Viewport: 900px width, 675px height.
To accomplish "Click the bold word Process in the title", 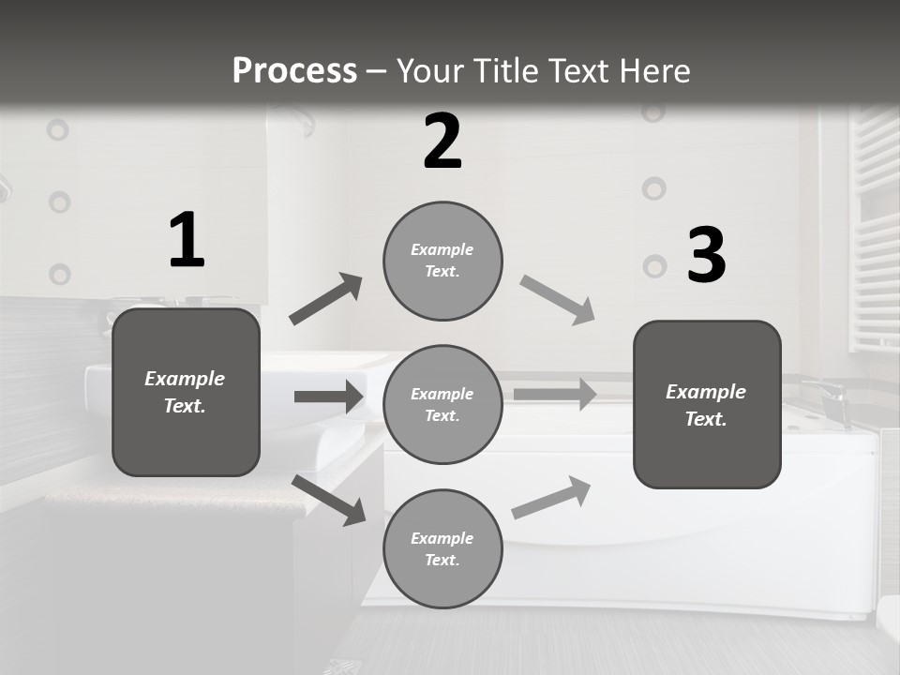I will [294, 70].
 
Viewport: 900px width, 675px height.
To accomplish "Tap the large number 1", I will [187, 241].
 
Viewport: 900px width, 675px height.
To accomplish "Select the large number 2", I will [442, 142].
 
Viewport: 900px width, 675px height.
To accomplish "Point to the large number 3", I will [706, 256].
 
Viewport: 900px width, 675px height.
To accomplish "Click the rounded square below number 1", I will [186, 392].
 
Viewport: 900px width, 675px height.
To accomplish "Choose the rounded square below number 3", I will [707, 404].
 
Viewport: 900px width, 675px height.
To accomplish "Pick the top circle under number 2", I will [442, 261].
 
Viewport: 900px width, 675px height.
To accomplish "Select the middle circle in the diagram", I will [442, 404].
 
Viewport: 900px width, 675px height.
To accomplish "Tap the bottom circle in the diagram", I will [442, 548].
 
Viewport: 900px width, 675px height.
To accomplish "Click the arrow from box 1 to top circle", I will [326, 299].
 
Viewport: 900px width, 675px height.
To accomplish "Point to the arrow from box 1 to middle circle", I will [329, 397].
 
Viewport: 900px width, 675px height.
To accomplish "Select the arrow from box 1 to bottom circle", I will [329, 500].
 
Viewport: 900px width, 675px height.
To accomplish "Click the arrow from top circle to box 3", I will [557, 300].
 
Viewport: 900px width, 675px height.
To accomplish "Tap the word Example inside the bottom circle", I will [442, 538].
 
